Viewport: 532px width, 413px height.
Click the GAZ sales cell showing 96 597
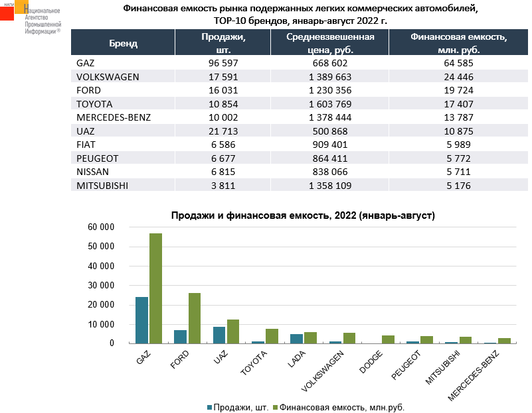coord(222,63)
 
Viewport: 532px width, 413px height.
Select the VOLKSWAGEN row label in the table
coord(108,76)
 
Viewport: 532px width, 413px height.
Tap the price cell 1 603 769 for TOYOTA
coord(330,104)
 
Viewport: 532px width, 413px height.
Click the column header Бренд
coord(123,43)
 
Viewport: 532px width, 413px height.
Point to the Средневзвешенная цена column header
coord(330,43)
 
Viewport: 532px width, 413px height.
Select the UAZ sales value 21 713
coord(222,131)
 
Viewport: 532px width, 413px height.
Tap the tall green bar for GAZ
coord(156,288)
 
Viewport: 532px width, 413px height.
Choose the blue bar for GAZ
coord(142,320)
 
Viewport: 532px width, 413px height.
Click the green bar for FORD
coord(195,318)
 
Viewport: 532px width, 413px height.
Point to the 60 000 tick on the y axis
coord(102,227)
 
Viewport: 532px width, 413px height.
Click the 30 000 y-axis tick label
coord(102,286)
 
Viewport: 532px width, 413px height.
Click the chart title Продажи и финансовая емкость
coord(302,216)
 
